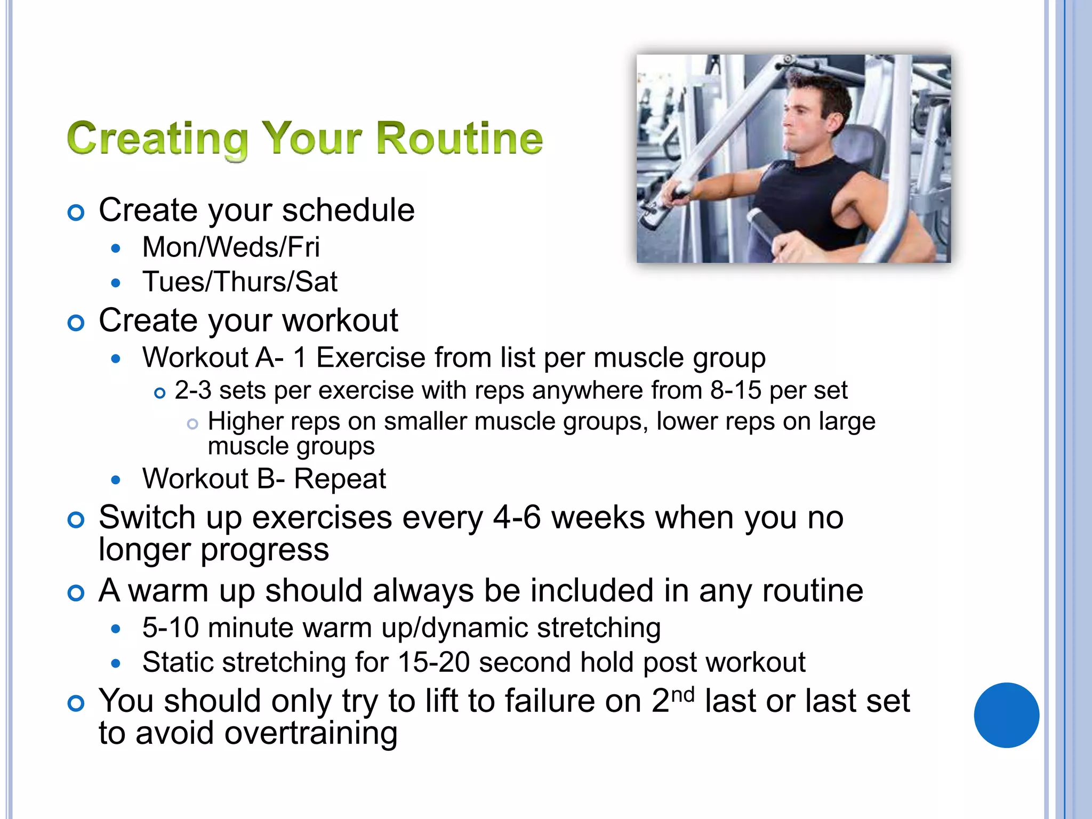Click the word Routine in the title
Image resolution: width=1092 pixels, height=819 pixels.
[x=460, y=138]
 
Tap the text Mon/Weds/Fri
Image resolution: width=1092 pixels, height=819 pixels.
[x=231, y=247]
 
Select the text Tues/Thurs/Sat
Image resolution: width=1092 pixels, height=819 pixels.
[x=240, y=282]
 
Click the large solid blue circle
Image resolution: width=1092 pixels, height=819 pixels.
[x=1006, y=715]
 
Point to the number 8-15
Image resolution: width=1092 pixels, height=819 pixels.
[x=735, y=391]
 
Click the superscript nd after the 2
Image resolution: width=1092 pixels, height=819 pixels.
[x=682, y=695]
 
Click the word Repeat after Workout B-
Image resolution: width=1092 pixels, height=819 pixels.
[x=340, y=479]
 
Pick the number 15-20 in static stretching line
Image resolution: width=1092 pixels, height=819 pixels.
[x=433, y=663]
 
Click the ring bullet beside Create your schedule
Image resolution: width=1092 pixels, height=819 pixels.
[x=76, y=213]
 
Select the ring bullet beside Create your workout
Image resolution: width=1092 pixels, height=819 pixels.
[x=76, y=323]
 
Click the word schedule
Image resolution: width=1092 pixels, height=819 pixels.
[x=348, y=210]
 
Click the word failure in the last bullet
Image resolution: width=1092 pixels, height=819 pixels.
[x=573, y=701]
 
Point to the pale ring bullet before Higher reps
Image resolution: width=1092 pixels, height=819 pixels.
[x=192, y=424]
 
